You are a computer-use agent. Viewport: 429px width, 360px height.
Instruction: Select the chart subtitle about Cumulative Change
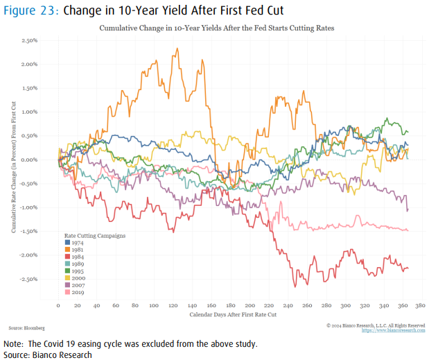(217, 28)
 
